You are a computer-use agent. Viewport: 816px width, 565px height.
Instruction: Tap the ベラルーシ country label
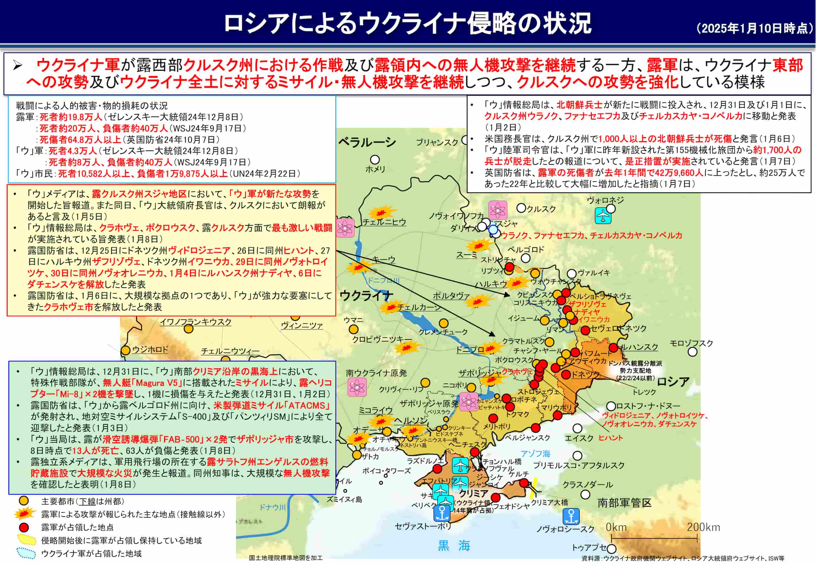pos(367,142)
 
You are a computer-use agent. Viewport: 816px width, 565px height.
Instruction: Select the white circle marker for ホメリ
pos(375,160)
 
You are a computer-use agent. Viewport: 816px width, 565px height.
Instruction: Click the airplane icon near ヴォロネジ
pos(602,216)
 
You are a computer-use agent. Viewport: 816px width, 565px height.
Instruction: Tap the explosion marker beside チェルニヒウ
pos(381,212)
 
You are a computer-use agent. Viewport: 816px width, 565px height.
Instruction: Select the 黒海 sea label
pos(454,545)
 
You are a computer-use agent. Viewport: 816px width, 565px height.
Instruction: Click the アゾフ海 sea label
pos(535,454)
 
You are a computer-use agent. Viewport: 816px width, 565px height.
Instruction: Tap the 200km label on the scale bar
pos(703,527)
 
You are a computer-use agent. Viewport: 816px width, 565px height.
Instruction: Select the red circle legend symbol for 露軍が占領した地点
pos(24,527)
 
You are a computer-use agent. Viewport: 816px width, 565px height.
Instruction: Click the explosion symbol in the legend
pos(25,514)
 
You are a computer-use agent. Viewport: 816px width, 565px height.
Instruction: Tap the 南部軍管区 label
pos(624,503)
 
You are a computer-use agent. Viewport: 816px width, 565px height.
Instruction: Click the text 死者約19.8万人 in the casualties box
pos(71,117)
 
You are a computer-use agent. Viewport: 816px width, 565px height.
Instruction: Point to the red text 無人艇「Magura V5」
pos(142,383)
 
